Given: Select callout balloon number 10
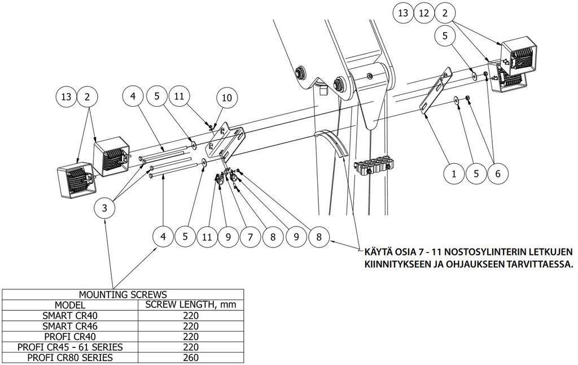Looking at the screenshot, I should [x=226, y=98].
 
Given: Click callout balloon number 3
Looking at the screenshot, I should [x=103, y=208].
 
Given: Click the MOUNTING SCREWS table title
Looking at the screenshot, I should [x=122, y=294].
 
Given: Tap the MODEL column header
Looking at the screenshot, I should [x=71, y=305].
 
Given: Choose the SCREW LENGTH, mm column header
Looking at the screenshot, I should [x=191, y=305].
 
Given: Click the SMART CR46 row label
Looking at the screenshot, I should [x=71, y=326].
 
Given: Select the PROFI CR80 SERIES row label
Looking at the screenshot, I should [x=71, y=358].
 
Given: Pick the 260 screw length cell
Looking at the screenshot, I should [x=191, y=358].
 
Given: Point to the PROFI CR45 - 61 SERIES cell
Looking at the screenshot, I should [x=71, y=347].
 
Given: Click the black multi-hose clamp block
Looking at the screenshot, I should [x=373, y=166].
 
